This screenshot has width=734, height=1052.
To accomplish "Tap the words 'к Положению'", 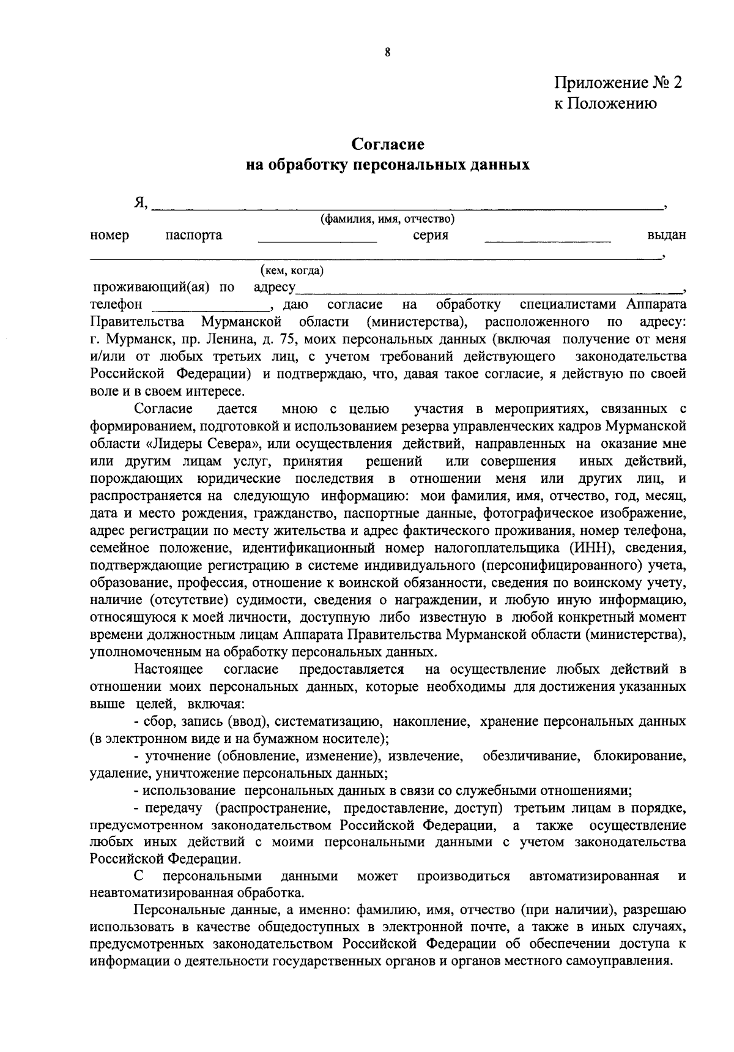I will (606, 103).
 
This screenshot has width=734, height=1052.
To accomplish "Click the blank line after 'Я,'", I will (407, 207).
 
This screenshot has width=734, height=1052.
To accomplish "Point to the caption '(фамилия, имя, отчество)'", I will (387, 218).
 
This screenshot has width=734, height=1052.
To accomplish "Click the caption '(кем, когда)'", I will (292, 270).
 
